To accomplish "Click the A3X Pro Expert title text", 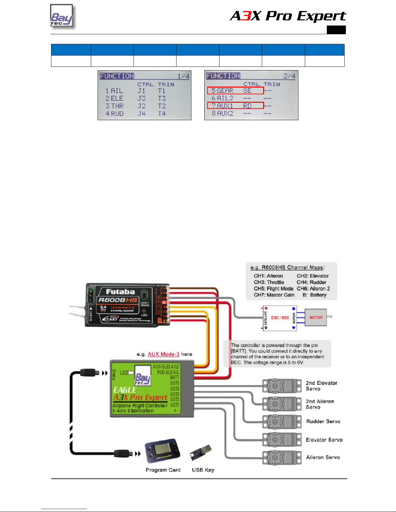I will tap(288, 16).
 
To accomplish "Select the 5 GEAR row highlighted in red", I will tap(235, 91).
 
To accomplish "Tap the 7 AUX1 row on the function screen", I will tap(235, 106).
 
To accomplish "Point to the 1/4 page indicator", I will tap(183, 77).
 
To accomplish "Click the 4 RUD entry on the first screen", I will tap(115, 114).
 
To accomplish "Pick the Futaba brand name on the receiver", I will tap(120, 292).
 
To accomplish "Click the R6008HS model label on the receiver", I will tap(118, 300).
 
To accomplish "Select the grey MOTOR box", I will tap(316, 318).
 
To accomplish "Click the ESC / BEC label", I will tap(280, 318).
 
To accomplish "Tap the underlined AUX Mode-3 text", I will tap(164, 354).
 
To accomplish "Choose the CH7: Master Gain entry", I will tap(274, 295).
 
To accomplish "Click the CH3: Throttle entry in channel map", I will tap(269, 282).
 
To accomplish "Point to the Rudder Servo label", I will tap(323, 421).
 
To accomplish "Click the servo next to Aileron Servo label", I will tap(282, 457).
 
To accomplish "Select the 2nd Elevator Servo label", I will tap(321, 386).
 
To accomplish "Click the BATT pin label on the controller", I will tap(175, 377).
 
